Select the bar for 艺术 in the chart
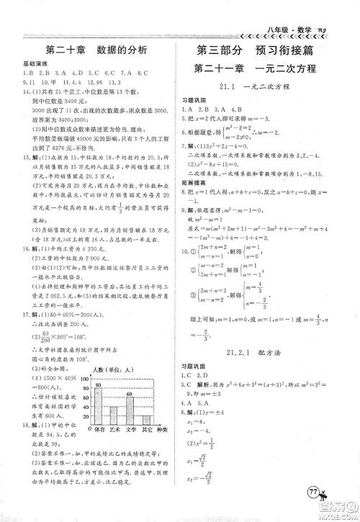[114, 418]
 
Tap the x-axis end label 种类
[163, 431]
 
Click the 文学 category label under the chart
[131, 431]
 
